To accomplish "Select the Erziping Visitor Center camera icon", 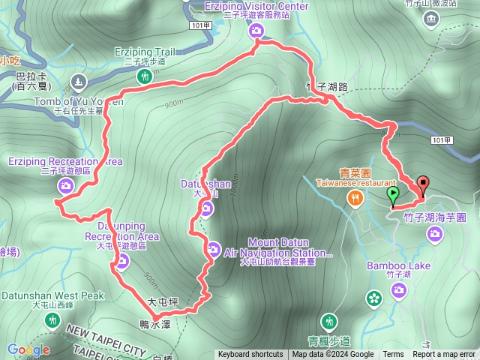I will click(256, 30).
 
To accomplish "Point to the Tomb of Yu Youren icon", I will click(77, 81).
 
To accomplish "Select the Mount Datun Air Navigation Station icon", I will click(213, 248).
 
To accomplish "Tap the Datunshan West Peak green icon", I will click(52, 320).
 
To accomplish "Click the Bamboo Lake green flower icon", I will click(374, 298).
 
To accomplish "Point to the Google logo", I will click(28, 349).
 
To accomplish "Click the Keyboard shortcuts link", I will click(250, 355).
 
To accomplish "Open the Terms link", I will click(393, 355).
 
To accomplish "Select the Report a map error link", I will click(444, 355).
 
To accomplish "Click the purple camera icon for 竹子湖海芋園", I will click(434, 235).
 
